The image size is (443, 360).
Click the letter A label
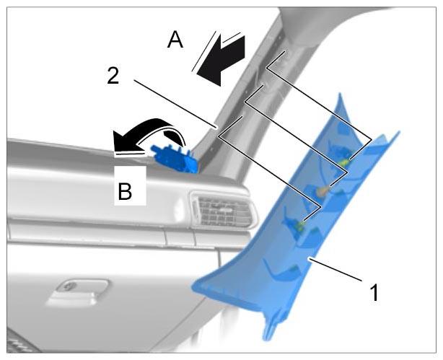175,40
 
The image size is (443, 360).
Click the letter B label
125,191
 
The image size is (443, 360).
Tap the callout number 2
113,76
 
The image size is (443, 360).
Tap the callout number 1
374,293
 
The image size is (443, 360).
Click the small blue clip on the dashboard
175,159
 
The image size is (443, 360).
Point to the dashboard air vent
223,210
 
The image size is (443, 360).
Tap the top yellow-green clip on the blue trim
345,162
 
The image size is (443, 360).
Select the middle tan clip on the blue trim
322,191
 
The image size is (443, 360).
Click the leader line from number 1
335,268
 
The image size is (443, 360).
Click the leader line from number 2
175,104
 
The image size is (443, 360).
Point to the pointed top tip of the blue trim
340,94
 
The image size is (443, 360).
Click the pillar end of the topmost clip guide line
285,51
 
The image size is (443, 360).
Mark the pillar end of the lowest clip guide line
242,115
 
